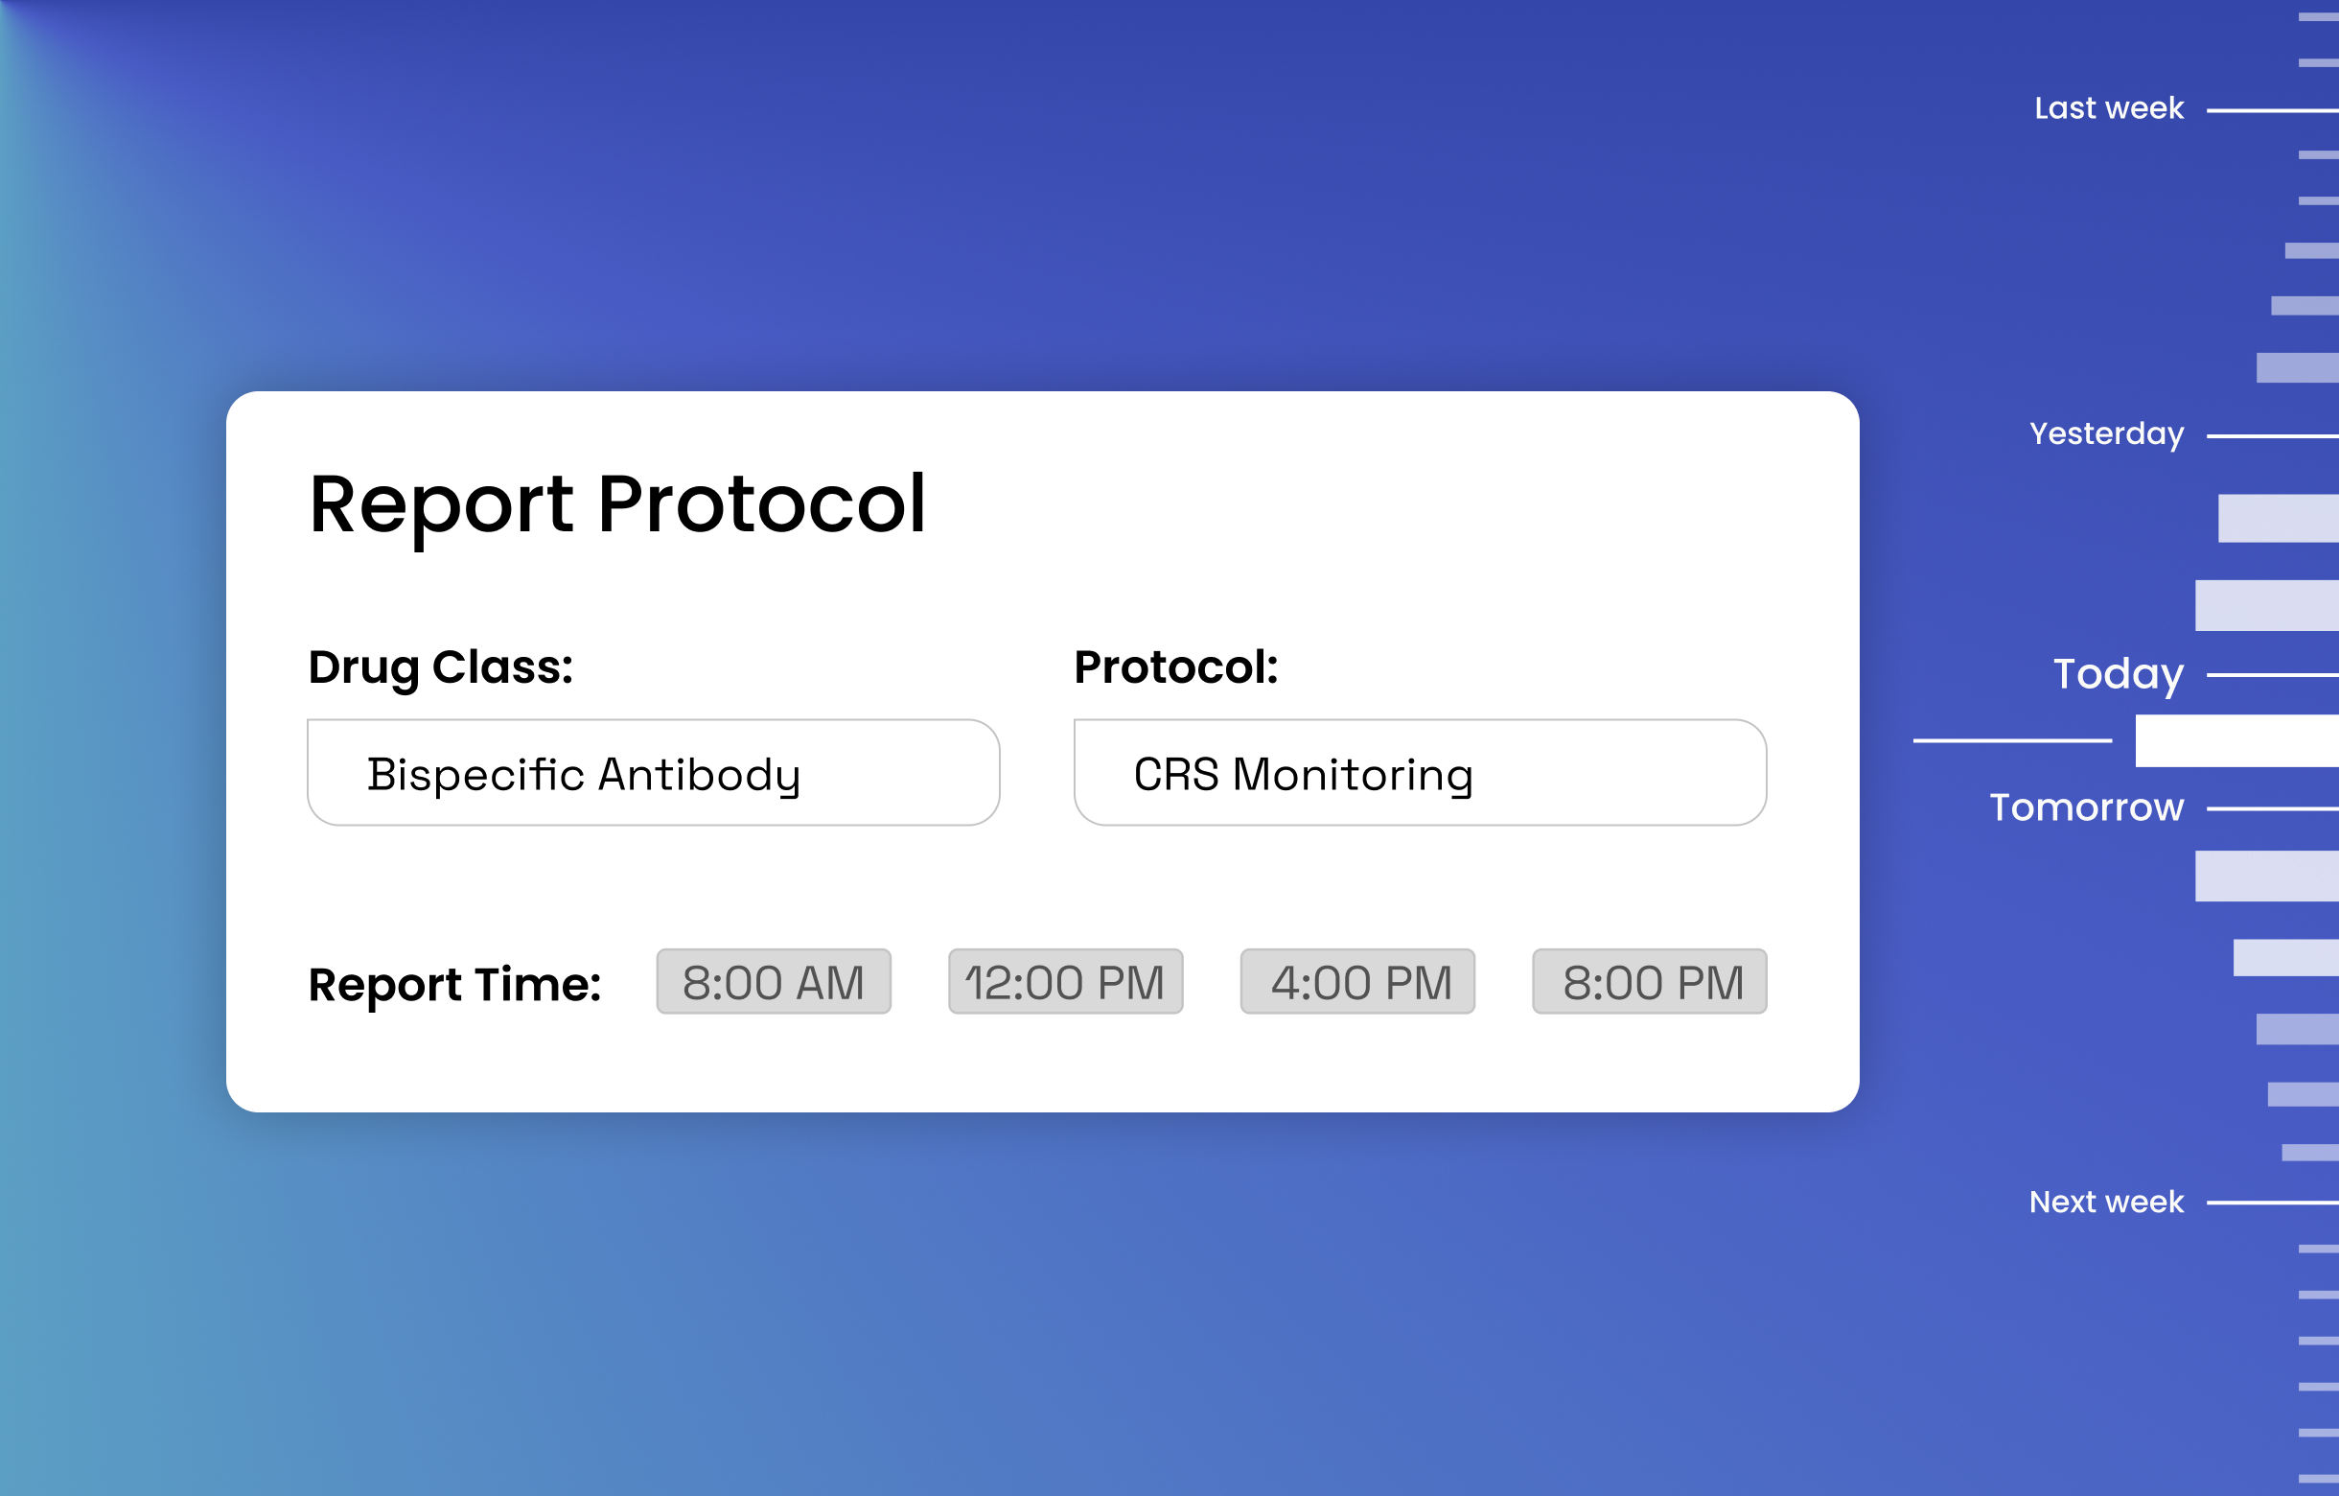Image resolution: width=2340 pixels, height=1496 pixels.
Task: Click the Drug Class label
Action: (x=440, y=667)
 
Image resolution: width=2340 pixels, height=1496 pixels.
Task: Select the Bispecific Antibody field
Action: (x=653, y=773)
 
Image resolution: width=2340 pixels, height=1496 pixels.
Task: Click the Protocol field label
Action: (x=1176, y=667)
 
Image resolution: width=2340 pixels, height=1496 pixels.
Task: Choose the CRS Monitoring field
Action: (x=1420, y=773)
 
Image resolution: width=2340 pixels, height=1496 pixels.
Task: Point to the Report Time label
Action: (x=454, y=984)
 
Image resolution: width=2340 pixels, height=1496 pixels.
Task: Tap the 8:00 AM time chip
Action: (x=774, y=982)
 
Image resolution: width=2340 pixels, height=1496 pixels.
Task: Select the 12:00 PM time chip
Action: (x=1065, y=982)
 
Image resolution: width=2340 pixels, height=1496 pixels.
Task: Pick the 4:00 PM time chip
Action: (x=1357, y=982)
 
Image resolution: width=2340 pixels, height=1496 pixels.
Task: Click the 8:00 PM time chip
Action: (x=1649, y=982)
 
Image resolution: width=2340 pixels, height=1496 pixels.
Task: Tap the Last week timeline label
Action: (x=2109, y=108)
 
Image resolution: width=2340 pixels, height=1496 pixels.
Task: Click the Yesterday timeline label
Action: (x=2107, y=433)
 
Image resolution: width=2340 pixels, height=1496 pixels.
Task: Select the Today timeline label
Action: (x=2119, y=673)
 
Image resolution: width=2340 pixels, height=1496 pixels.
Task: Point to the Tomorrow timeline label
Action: (x=2086, y=807)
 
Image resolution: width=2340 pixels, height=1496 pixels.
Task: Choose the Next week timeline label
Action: (x=2106, y=1203)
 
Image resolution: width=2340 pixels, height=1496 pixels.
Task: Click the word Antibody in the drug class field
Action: (x=699, y=775)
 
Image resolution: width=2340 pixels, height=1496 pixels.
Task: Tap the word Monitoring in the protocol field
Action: (x=1353, y=775)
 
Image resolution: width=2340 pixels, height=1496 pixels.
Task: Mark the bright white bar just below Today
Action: (x=2237, y=741)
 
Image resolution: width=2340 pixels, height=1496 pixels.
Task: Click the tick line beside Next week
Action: (x=2273, y=1204)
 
